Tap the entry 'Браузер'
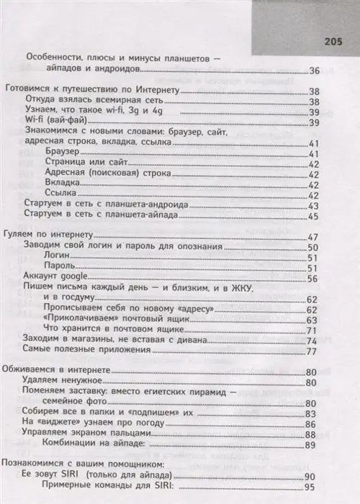click(x=60, y=154)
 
